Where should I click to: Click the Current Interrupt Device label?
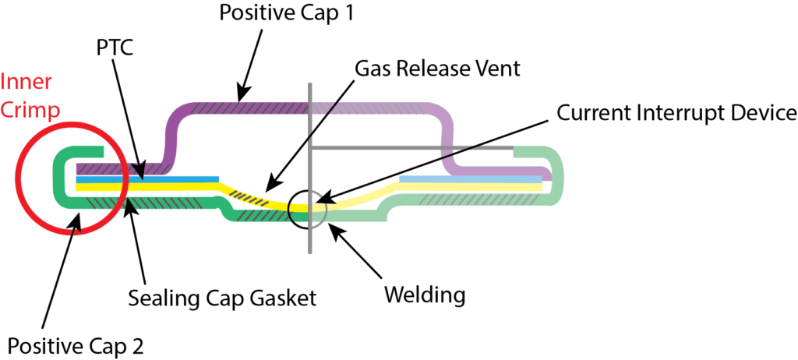[x=676, y=114]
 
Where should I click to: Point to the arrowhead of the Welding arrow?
[x=330, y=225]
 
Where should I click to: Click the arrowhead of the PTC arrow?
[x=141, y=175]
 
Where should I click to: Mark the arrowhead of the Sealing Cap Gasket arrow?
[x=128, y=201]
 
